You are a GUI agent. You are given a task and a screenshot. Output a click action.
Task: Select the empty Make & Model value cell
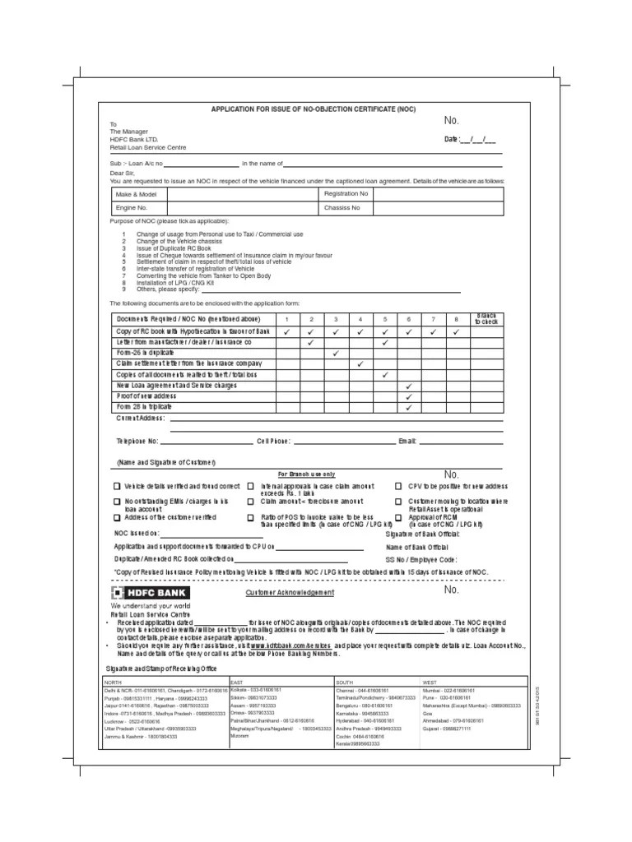242,194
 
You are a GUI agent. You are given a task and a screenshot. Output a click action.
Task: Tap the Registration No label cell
346,194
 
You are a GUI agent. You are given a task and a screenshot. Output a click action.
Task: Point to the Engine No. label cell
131,209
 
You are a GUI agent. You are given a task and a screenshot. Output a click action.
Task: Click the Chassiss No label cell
342,209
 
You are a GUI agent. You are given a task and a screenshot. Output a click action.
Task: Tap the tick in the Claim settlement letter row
360,363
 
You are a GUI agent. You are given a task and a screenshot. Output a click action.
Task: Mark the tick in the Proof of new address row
408,396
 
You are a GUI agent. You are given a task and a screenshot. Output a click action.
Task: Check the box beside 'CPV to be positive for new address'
399,486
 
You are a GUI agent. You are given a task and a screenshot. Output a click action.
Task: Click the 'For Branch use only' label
306,474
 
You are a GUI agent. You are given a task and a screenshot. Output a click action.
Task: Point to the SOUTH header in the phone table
344,682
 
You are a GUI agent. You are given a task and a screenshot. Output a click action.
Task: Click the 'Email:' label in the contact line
407,442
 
